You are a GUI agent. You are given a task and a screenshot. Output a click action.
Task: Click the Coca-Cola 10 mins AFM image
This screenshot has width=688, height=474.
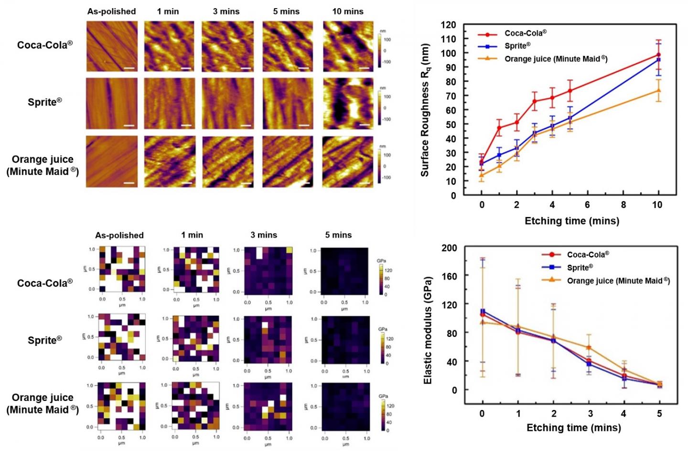coord(348,46)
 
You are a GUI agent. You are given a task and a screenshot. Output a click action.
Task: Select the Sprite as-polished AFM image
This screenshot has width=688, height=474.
coord(112,103)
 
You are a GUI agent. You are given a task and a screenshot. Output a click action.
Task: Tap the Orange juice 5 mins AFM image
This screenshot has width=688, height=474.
coord(288,162)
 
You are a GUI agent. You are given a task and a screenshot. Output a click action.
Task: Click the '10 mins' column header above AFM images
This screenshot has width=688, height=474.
coord(347,11)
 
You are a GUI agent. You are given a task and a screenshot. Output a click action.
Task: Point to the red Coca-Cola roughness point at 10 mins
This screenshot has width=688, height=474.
coord(658,55)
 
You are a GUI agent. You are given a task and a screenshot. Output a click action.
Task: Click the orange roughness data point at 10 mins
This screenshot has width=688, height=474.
coord(658,90)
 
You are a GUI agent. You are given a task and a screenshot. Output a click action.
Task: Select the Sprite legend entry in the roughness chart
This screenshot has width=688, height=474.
coord(517,46)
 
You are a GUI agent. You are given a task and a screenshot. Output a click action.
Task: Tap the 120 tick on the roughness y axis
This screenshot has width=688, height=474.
coord(448,25)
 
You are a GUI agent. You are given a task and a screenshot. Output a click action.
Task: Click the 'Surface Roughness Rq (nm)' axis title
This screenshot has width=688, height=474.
coord(425,110)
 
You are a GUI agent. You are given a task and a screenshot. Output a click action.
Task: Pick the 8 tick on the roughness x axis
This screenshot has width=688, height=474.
coord(623,205)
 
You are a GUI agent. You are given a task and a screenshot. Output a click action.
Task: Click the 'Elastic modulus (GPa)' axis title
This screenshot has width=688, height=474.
coord(428,330)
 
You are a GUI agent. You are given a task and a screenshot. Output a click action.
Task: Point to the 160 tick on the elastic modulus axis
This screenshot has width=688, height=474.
coord(449,276)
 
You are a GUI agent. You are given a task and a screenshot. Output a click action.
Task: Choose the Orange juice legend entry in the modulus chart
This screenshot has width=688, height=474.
coord(618,280)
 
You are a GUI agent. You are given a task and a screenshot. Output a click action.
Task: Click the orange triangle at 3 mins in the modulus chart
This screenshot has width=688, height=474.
coord(589,348)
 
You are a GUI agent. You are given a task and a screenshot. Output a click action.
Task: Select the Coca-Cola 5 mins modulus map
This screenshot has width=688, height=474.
coord(344,271)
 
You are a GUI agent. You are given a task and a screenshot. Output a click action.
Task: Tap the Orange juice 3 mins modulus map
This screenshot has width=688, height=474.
coord(268,407)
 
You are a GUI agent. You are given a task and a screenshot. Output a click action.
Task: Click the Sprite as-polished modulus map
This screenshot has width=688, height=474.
coord(122,337)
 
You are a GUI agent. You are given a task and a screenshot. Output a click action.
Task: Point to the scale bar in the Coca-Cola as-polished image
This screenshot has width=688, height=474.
coord(129,68)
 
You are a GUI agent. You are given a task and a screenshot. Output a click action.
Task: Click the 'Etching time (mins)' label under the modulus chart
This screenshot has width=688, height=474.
coord(573,428)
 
